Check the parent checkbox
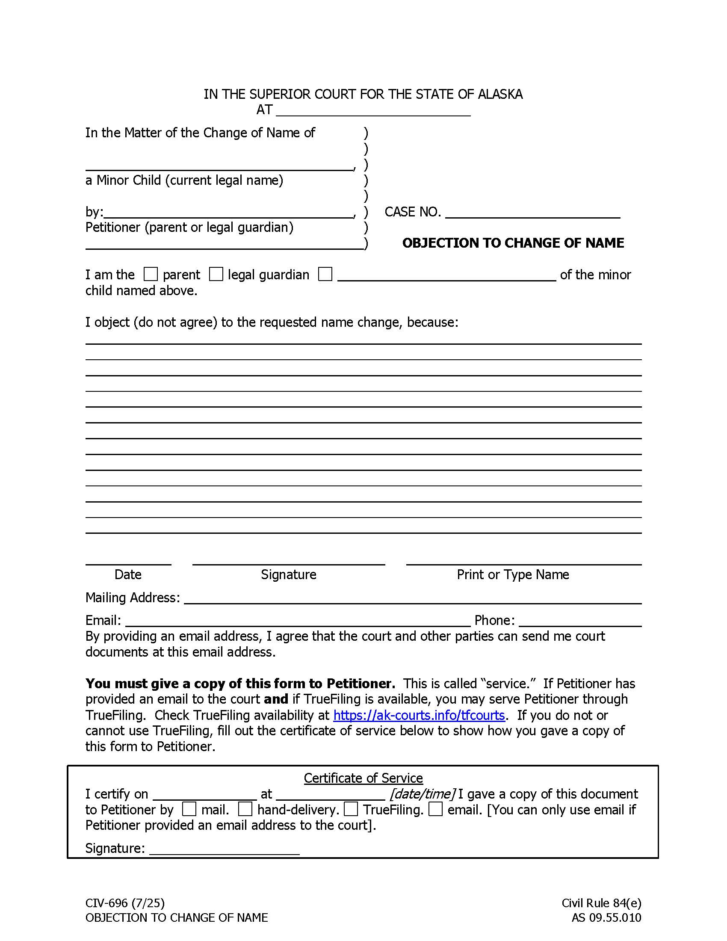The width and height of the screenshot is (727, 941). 150,274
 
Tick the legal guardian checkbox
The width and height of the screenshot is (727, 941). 216,274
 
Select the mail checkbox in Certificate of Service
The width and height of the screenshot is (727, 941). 189,809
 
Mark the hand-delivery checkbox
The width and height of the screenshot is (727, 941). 245,809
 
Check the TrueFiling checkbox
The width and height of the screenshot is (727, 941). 351,809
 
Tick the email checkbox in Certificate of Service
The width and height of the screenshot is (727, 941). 436,809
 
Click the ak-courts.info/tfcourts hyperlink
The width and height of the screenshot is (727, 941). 419,715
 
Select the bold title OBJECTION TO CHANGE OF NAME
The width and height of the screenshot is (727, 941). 512,243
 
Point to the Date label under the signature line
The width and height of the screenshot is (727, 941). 128,574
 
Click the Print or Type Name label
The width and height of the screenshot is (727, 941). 512,574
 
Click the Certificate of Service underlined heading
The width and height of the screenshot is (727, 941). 363,778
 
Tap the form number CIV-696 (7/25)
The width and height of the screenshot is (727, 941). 125,903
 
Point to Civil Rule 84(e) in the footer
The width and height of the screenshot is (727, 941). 601,903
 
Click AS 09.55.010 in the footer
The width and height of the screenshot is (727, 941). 606,917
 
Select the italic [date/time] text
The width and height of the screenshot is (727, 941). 422,793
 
